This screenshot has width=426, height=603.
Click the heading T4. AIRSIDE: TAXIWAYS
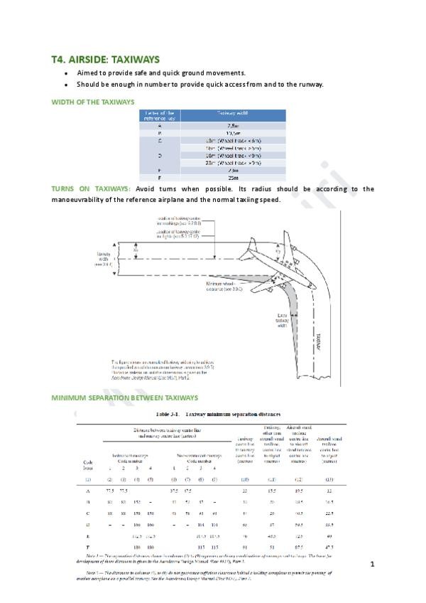105,59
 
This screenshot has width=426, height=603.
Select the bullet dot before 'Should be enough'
66,85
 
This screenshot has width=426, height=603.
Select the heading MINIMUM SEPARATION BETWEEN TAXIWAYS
125,397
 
